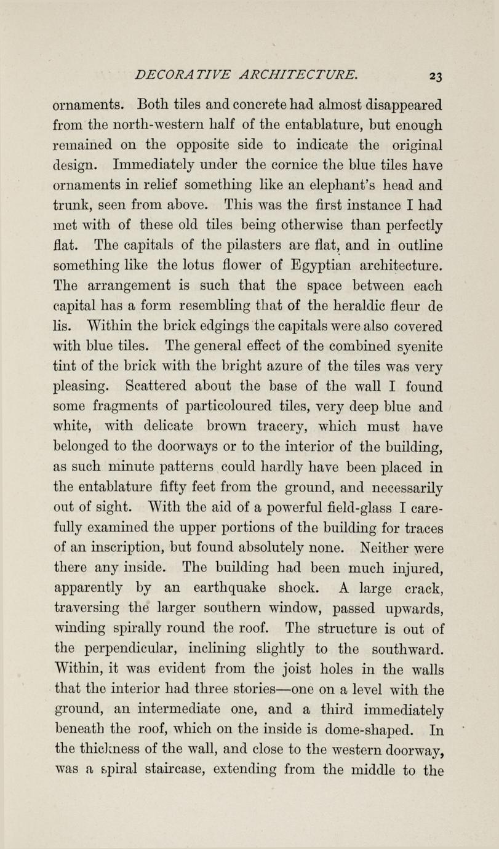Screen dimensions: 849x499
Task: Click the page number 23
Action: click(x=435, y=76)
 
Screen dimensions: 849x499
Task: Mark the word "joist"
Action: click(x=304, y=669)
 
